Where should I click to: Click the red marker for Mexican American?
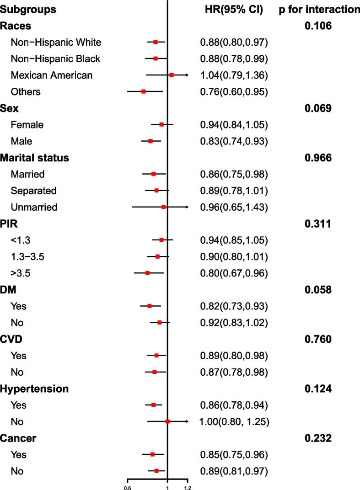tap(172, 75)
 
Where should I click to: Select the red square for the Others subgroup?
tap(144, 91)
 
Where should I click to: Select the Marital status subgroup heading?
tap(35, 158)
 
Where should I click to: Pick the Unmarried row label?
tap(34, 207)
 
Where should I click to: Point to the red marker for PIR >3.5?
tap(147, 273)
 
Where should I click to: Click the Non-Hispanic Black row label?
tap(55, 59)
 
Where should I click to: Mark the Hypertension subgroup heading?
tap(35, 389)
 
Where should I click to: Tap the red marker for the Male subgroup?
tap(150, 141)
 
